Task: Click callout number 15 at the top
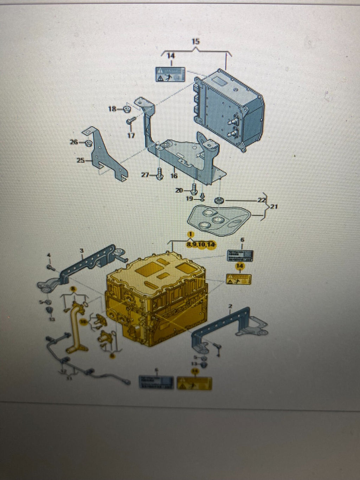[195, 41]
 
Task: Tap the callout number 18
[112, 109]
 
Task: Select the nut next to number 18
[127, 109]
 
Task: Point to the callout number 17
[131, 135]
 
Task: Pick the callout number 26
[74, 142]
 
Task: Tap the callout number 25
[81, 161]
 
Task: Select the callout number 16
[174, 176]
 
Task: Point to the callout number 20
[179, 190]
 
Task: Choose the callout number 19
[190, 199]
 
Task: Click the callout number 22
[262, 200]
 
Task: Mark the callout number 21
[274, 207]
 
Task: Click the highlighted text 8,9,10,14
[201, 244]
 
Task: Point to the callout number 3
[82, 250]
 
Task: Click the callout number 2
[231, 306]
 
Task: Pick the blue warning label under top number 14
[170, 74]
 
